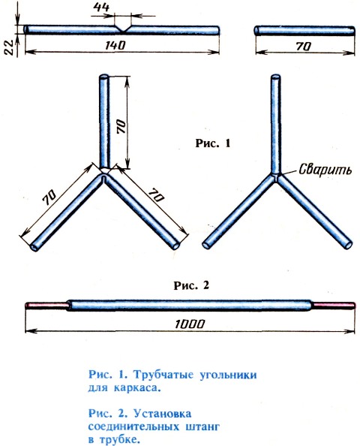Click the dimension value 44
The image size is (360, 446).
[x=101, y=7]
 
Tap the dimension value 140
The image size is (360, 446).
[x=115, y=45]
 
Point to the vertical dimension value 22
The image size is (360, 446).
[x=8, y=47]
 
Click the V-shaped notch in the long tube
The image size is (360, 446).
[x=122, y=29]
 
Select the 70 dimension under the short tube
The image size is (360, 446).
[x=304, y=46]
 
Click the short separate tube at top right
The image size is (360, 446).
[x=304, y=30]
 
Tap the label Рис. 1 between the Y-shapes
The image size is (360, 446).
[x=213, y=143]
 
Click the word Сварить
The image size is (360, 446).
[x=325, y=169]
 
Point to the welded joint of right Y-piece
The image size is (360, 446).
[x=275, y=176]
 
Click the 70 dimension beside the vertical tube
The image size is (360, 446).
[x=121, y=126]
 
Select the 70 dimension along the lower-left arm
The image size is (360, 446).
[x=49, y=197]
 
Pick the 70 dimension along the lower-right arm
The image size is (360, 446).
[x=156, y=194]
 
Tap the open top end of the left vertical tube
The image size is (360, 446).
[x=103, y=77]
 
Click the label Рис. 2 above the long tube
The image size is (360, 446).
[x=191, y=285]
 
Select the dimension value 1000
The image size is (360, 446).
[x=190, y=324]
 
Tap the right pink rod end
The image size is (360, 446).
[x=333, y=305]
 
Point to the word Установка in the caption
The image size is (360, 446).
[x=162, y=413]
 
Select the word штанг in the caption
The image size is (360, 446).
[x=202, y=426]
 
